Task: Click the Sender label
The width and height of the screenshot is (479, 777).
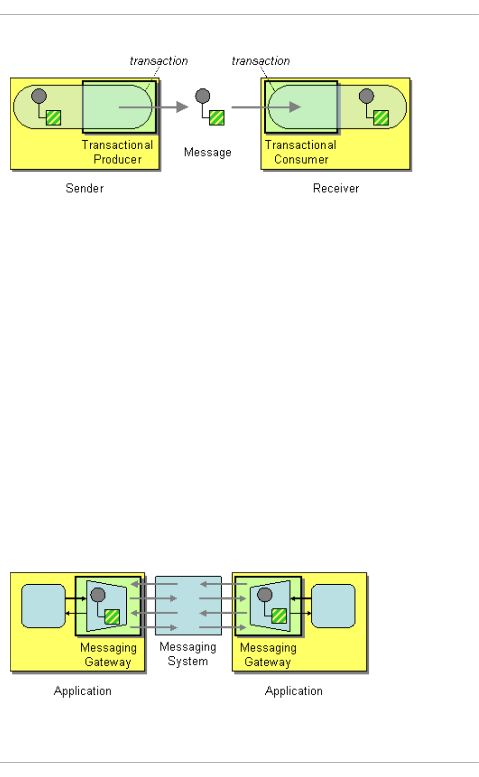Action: (85, 188)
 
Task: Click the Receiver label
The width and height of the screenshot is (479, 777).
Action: (336, 188)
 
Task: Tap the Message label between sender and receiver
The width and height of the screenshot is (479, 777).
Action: (208, 152)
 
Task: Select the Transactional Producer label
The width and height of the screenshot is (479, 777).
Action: (117, 152)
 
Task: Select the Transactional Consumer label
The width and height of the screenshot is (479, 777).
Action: (301, 152)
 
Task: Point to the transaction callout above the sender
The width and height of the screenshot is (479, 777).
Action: (159, 61)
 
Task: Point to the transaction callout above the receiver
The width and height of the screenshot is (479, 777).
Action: (261, 61)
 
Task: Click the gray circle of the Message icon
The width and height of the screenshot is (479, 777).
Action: (202, 96)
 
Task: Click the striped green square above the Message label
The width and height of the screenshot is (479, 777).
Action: (216, 117)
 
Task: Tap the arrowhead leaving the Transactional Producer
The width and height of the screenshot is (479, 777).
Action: (182, 107)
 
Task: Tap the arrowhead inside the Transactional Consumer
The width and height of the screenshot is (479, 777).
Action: (295, 107)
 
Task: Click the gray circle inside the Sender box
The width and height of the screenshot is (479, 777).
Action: (39, 96)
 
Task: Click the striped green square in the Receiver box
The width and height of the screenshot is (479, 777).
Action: (381, 117)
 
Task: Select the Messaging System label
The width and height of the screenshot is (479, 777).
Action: (188, 654)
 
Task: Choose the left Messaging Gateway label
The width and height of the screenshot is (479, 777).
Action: (108, 655)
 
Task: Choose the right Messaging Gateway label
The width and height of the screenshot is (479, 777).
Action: (268, 655)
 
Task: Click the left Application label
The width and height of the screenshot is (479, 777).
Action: (83, 691)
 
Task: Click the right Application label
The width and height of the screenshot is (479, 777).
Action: (294, 691)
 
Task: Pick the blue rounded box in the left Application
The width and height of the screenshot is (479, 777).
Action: (43, 606)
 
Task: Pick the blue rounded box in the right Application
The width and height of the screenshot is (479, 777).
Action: (333, 606)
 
